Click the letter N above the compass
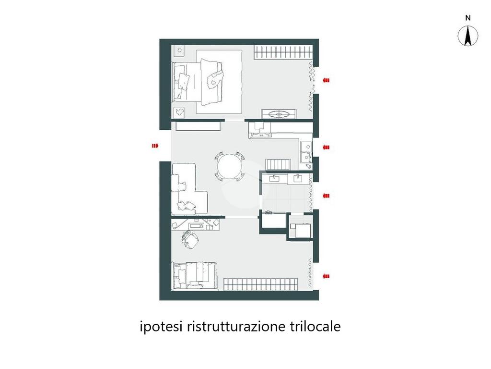coord(468,18)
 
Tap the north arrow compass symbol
coord(468,36)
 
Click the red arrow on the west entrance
coord(155,146)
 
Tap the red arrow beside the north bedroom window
coord(326,80)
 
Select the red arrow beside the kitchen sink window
coord(326,147)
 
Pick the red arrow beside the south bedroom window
coord(326,276)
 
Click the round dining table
coord(230,166)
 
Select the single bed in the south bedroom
coord(195,275)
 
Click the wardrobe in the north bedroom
coord(283,52)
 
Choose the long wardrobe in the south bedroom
coord(260,284)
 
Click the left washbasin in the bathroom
coord(275,179)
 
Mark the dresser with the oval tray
coord(279,114)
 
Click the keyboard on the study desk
coord(197,226)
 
